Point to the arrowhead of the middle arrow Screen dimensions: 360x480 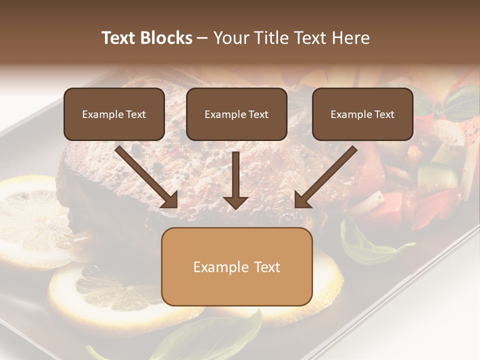[x=235, y=202]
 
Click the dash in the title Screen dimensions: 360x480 [x=203, y=38]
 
